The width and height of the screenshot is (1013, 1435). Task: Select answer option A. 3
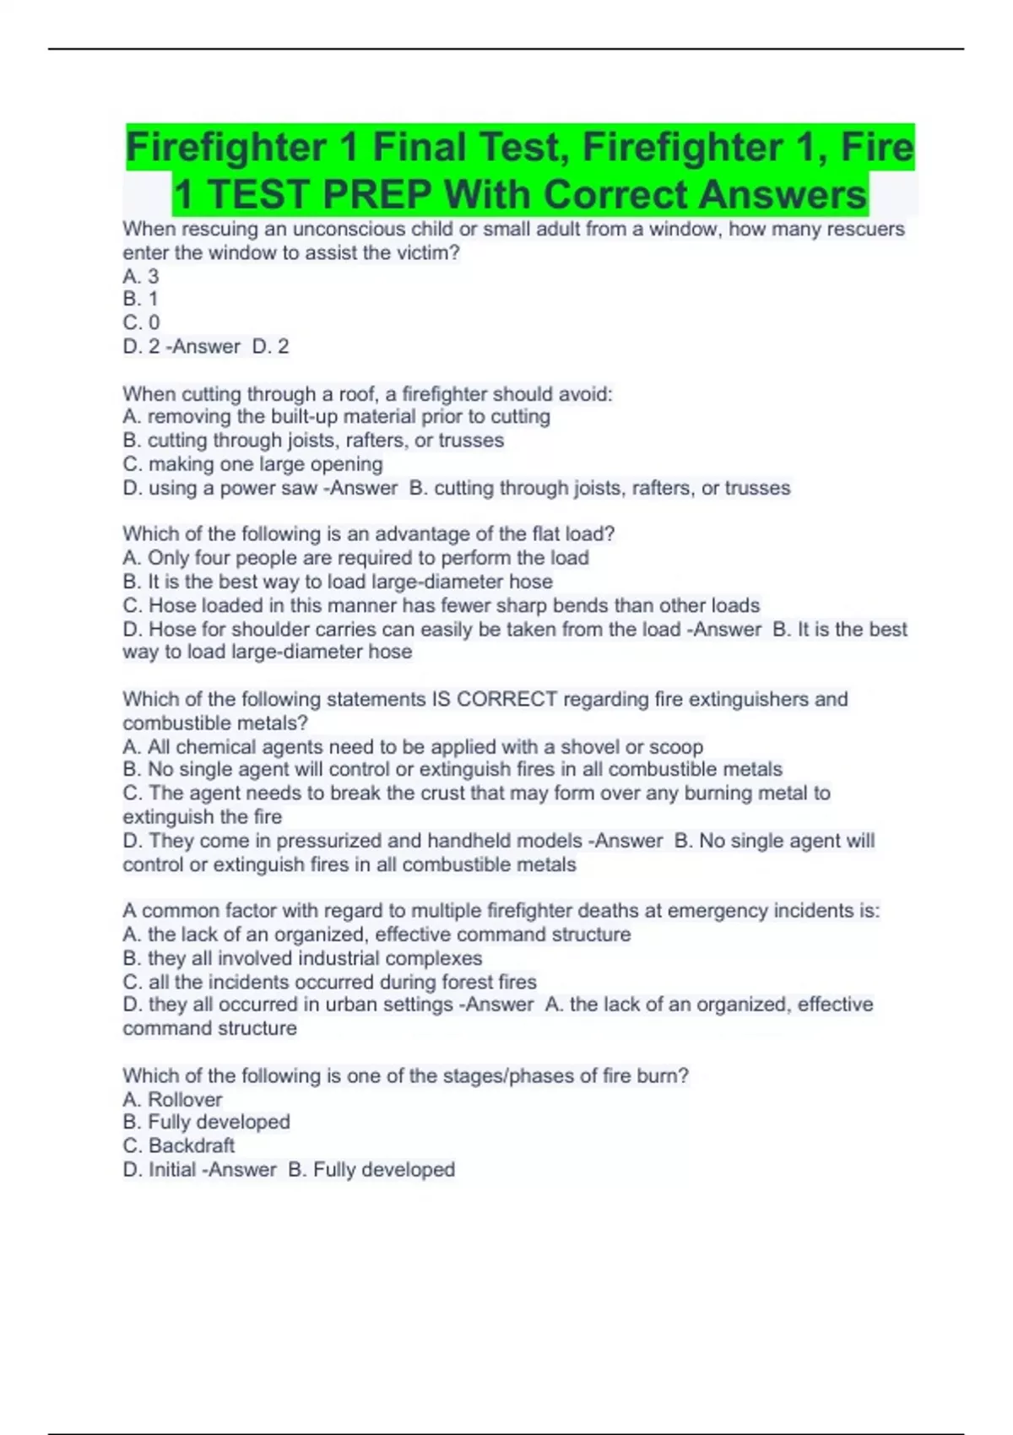[x=141, y=276]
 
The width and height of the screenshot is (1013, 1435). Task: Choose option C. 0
[x=141, y=322]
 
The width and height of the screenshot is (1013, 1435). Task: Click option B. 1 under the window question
[x=141, y=299]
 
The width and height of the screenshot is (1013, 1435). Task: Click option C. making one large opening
[x=252, y=464]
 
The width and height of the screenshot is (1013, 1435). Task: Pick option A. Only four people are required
[x=355, y=558]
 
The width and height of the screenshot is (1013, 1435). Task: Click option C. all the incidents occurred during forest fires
[x=329, y=982]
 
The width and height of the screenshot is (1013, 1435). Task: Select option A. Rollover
[x=172, y=1099]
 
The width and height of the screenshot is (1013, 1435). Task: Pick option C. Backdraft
[x=179, y=1145]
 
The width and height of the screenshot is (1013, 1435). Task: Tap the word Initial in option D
[x=172, y=1170]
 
